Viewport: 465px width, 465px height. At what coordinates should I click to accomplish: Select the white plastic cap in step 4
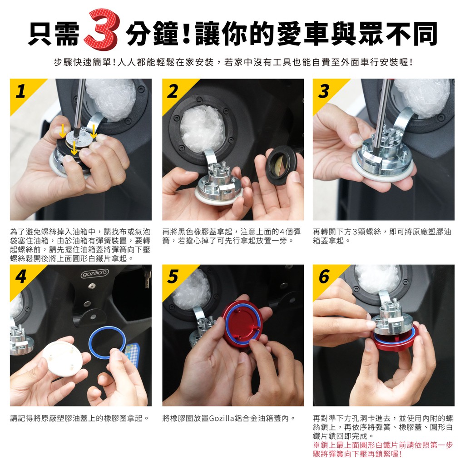coord(62,359)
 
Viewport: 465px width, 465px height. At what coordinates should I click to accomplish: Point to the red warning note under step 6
coord(383,449)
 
